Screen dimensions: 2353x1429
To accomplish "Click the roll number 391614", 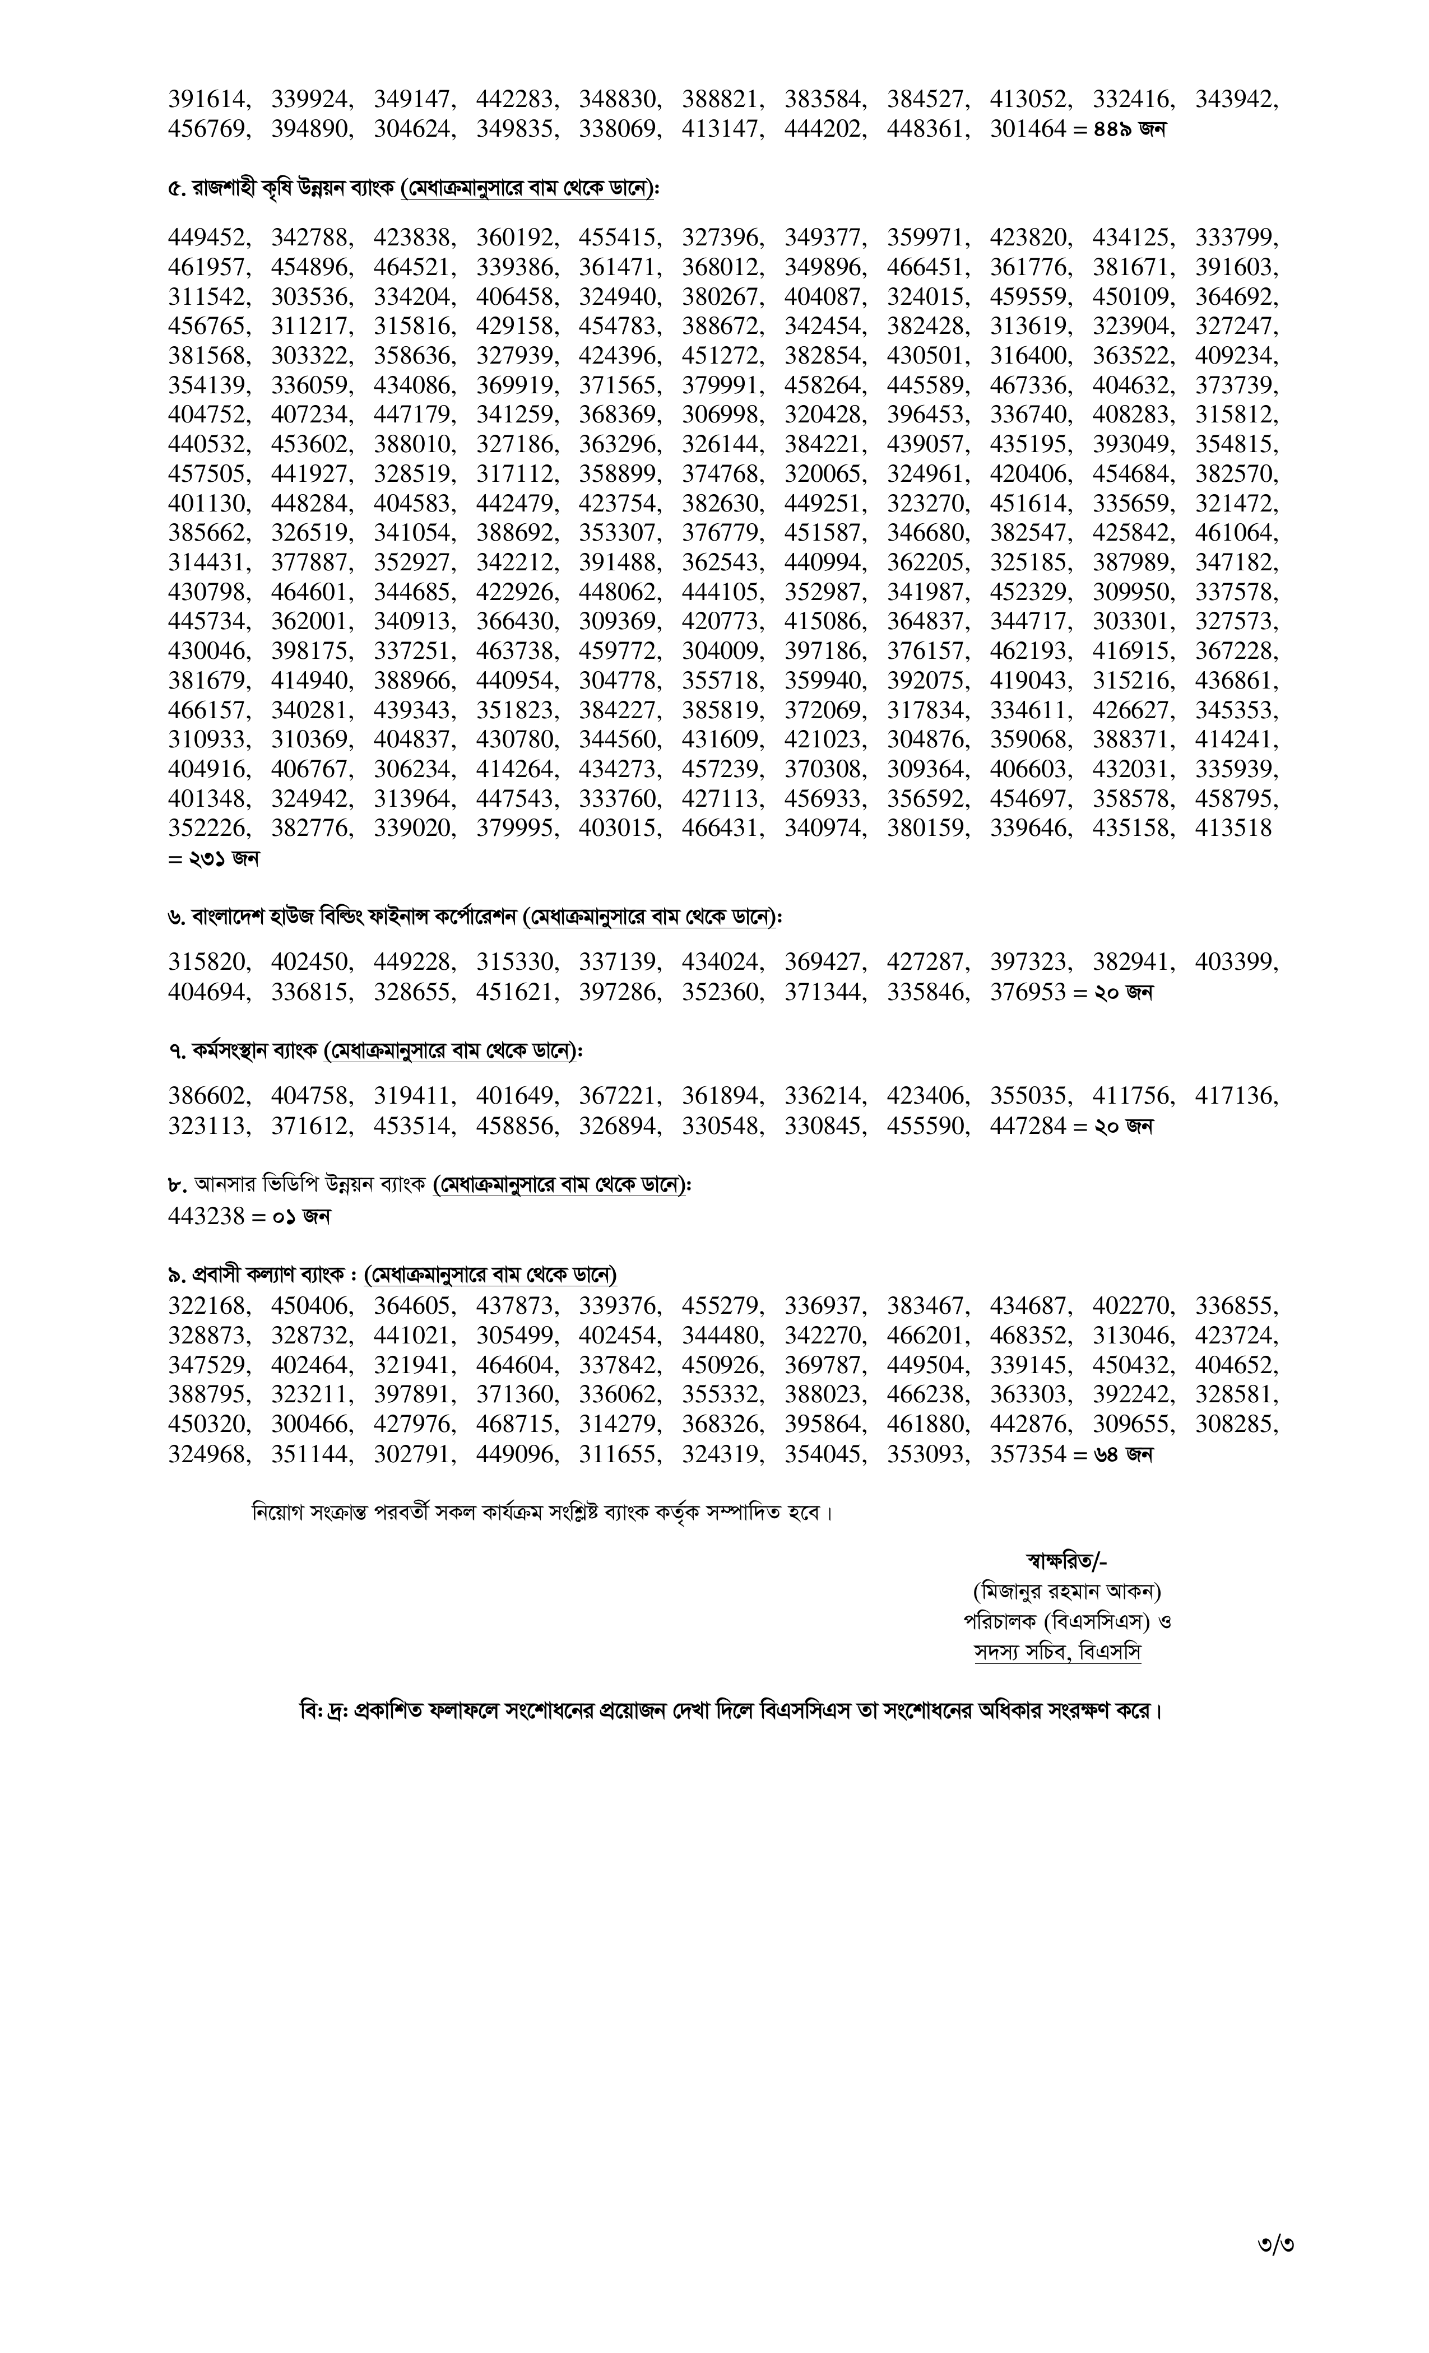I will [x=207, y=99].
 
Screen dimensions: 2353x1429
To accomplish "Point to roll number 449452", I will [x=207, y=238].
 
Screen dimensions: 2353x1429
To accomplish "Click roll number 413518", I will [x=1233, y=828].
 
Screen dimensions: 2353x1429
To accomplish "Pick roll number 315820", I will [x=207, y=962].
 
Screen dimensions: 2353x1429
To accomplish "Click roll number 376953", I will [x=1027, y=992].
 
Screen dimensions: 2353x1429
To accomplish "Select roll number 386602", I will [x=207, y=1096].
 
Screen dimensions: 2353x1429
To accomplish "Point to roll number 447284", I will [x=1027, y=1126].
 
